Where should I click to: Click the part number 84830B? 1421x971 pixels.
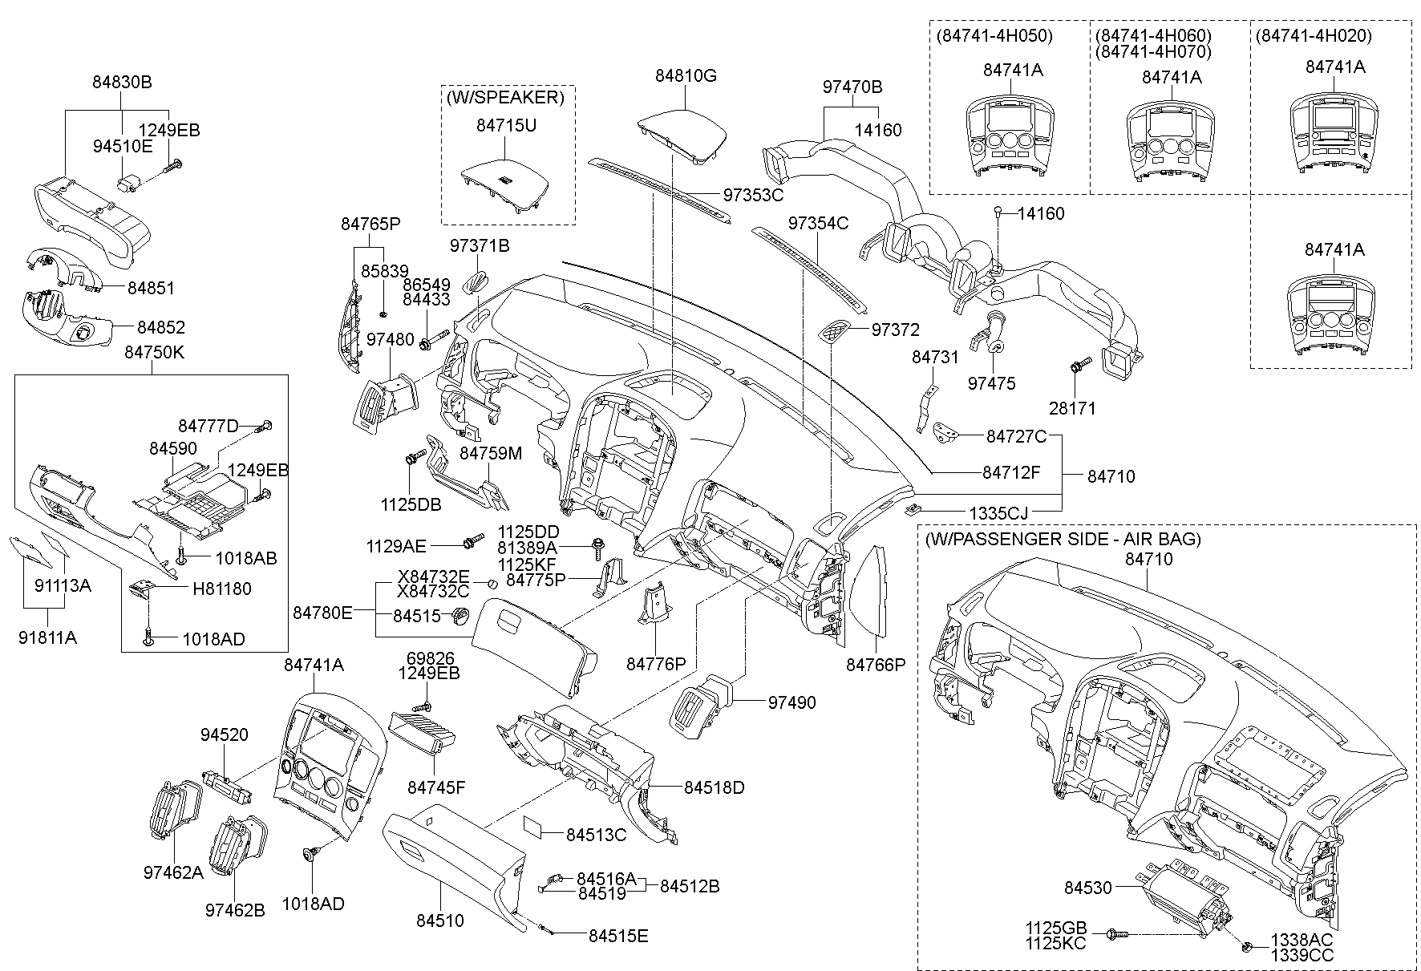(x=121, y=82)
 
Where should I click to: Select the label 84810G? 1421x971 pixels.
(x=686, y=76)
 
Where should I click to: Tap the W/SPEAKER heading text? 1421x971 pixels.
(x=505, y=98)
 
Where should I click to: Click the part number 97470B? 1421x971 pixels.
(x=852, y=86)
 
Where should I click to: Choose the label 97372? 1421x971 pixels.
(x=895, y=330)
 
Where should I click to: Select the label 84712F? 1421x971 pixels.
(x=1011, y=472)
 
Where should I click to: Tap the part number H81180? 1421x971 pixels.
(x=221, y=589)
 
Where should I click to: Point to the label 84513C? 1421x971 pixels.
(x=596, y=835)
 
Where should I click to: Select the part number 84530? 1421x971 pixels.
(x=1088, y=888)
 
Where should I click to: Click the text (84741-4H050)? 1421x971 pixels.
(x=994, y=36)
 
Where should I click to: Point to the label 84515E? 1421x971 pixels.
(x=618, y=935)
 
